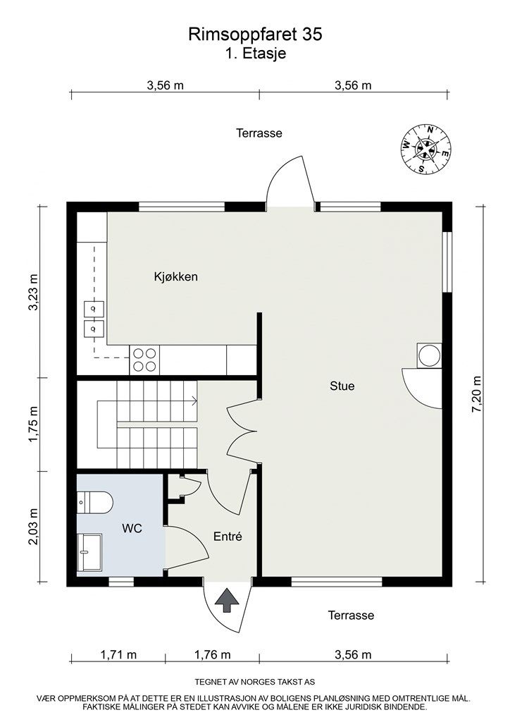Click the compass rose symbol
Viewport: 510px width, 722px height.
pyautogui.click(x=425, y=148)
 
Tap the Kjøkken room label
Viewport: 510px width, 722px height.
pyautogui.click(x=176, y=277)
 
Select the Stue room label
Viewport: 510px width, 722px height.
pyautogui.click(x=342, y=386)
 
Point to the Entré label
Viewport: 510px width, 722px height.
pyautogui.click(x=228, y=537)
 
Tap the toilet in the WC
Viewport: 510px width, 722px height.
pyautogui.click(x=95, y=503)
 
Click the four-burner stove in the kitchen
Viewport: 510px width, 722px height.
pyautogui.click(x=144, y=360)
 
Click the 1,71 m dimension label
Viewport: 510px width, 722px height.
pyautogui.click(x=118, y=655)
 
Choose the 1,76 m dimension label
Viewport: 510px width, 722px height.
pyautogui.click(x=212, y=655)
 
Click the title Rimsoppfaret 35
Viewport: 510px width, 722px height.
pyautogui.click(x=255, y=34)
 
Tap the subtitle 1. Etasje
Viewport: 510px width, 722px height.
pyautogui.click(x=255, y=54)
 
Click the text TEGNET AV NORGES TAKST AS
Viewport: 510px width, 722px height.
pyautogui.click(x=255, y=683)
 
